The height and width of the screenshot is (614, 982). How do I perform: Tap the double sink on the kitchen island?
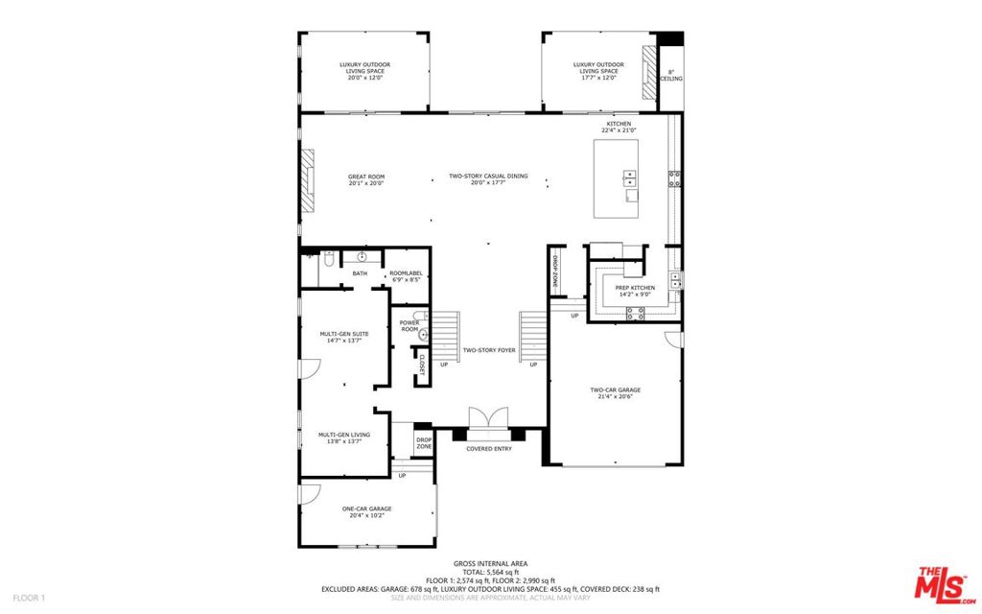tap(629, 177)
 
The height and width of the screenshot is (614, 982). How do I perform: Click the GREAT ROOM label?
tap(365, 179)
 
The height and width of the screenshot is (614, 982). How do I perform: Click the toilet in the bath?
tap(327, 260)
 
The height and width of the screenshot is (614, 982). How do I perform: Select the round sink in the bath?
tap(362, 257)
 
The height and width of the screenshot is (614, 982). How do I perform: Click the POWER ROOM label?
tap(409, 326)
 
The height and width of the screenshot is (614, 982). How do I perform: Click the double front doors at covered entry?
tap(489, 418)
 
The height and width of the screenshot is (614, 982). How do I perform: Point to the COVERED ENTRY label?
tap(489, 449)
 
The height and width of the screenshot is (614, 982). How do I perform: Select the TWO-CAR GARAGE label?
tap(615, 392)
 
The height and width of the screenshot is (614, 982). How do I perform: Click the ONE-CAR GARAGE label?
tap(366, 512)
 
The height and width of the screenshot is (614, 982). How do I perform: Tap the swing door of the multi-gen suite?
tap(309, 369)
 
